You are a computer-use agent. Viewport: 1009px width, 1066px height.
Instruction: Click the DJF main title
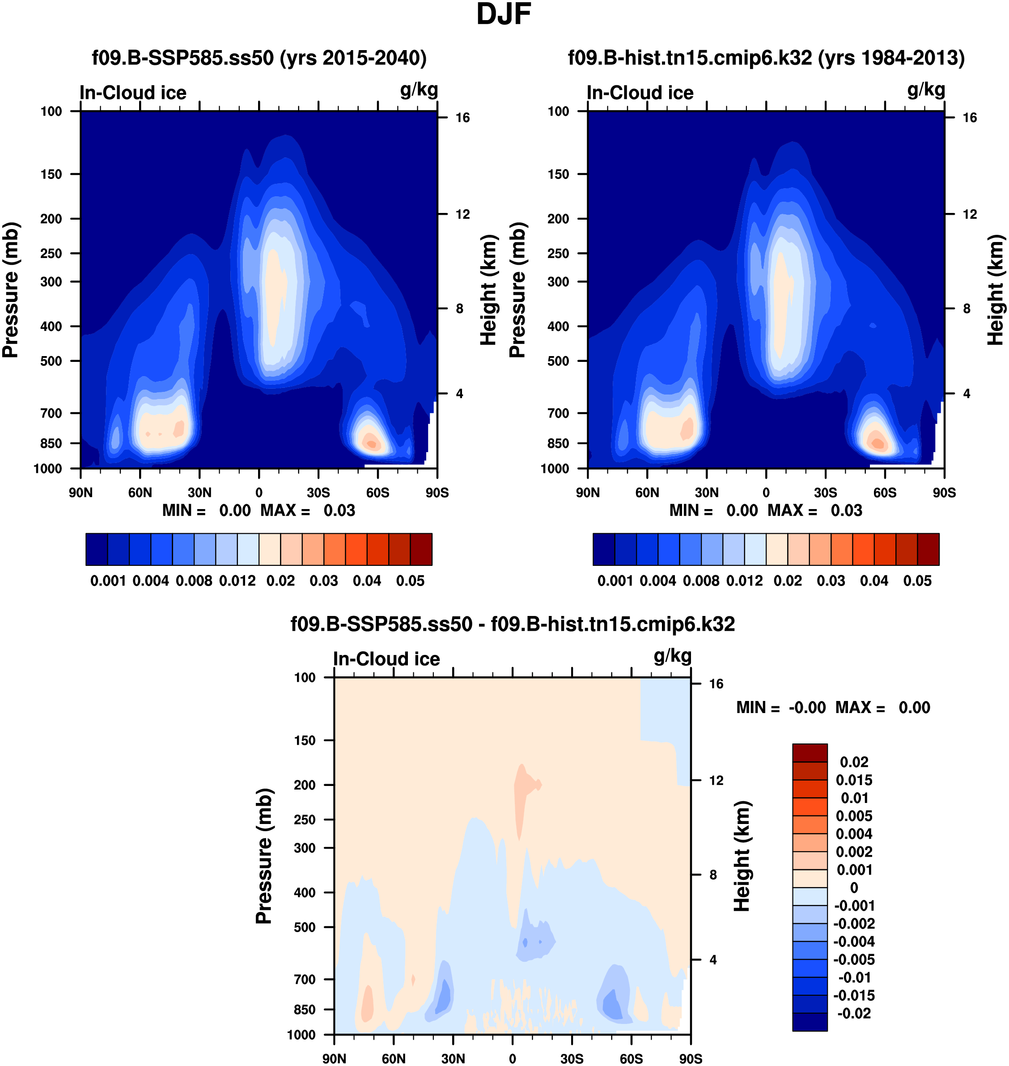[x=504, y=14]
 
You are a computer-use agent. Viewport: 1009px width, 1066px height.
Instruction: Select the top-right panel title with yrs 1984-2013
[x=766, y=58]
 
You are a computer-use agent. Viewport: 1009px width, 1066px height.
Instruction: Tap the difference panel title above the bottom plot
[x=513, y=624]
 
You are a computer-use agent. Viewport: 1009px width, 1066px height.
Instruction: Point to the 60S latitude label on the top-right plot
[x=885, y=493]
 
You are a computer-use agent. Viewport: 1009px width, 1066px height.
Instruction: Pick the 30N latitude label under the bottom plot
[x=453, y=1058]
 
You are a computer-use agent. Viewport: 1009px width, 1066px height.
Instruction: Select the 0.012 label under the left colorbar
[x=237, y=581]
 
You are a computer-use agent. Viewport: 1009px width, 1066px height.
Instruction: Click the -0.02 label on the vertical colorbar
[x=854, y=1013]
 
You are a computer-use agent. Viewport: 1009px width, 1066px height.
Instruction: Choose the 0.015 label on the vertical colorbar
[x=854, y=780]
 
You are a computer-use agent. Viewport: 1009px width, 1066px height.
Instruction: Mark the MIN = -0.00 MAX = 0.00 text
[x=833, y=707]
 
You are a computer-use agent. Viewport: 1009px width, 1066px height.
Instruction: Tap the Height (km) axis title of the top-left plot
[x=488, y=290]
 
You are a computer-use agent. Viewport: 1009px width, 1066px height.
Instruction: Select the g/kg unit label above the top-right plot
[x=926, y=90]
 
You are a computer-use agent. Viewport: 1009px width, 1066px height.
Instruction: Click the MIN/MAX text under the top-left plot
[x=259, y=510]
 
